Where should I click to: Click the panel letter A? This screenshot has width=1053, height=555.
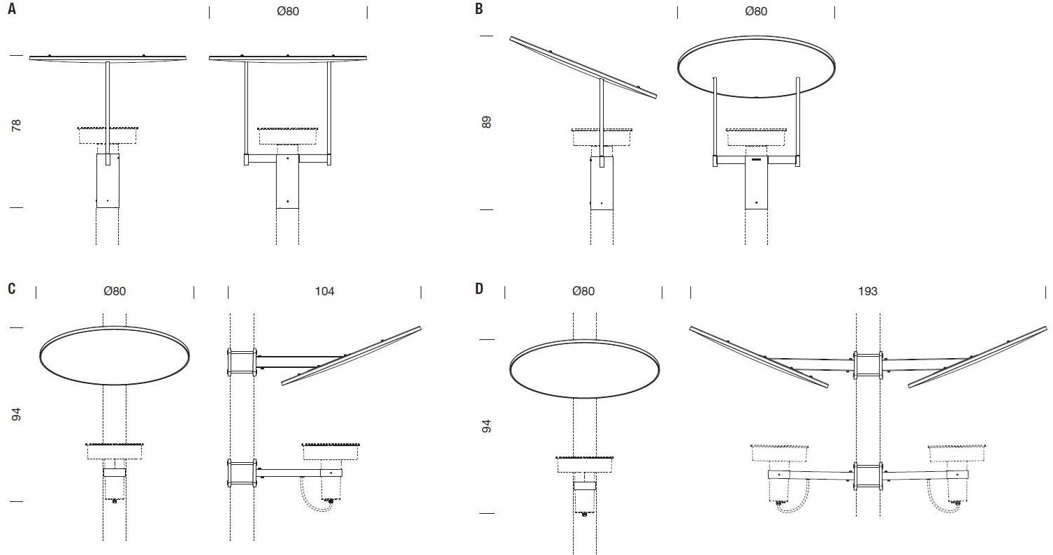12,9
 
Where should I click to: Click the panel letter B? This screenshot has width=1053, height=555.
479,9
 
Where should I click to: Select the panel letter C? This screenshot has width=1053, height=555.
12,288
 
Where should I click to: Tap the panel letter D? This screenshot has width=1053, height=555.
479,288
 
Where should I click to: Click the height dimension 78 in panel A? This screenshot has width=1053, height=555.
16,126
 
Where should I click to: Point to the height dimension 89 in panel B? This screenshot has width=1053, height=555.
486,122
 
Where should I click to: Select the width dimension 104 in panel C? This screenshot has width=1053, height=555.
324,292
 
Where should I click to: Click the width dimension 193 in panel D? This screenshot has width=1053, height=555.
867,292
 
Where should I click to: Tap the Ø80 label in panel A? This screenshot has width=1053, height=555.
288,11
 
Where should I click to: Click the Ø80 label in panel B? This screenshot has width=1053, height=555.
756,11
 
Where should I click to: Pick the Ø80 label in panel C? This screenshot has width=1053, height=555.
115,292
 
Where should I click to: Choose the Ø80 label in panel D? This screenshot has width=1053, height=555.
583,292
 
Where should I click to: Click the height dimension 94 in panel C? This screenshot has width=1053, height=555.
16,415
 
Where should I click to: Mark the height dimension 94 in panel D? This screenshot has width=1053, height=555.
486,427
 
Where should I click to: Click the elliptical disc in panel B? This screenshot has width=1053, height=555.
756,36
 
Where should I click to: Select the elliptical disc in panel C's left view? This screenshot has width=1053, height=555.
115,327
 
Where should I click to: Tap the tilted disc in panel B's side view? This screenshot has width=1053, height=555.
583,68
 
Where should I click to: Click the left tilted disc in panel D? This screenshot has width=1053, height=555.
759,357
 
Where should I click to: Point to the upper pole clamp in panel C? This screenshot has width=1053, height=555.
242,362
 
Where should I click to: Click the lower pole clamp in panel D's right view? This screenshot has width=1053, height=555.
868,476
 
